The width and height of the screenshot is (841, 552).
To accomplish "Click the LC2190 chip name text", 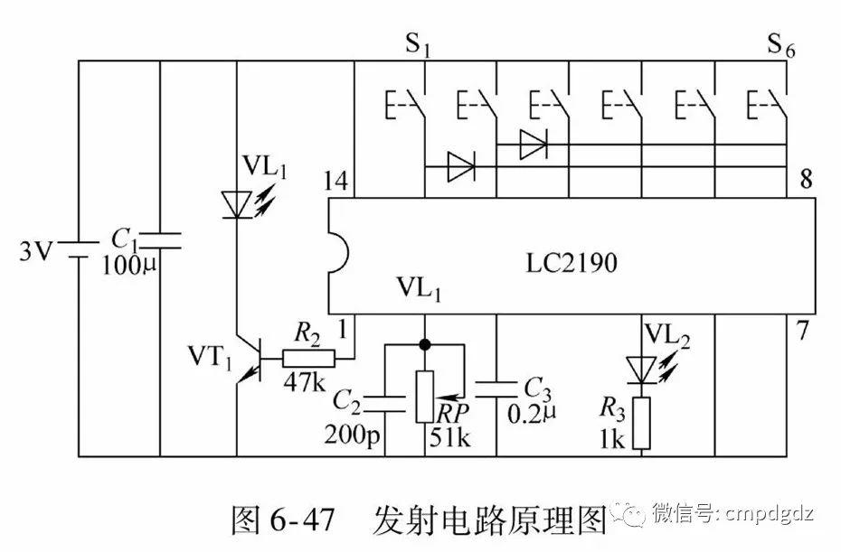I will point(572,264).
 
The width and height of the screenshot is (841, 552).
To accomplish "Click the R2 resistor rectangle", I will point(308,358).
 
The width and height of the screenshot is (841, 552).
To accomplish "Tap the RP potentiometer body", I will point(424,397).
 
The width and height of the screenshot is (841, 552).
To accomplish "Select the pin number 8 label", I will point(805,181).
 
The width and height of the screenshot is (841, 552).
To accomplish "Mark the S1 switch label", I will point(416,45).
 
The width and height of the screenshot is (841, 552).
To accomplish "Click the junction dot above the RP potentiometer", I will point(424,344).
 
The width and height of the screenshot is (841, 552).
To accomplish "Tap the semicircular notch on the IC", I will point(335,254).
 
